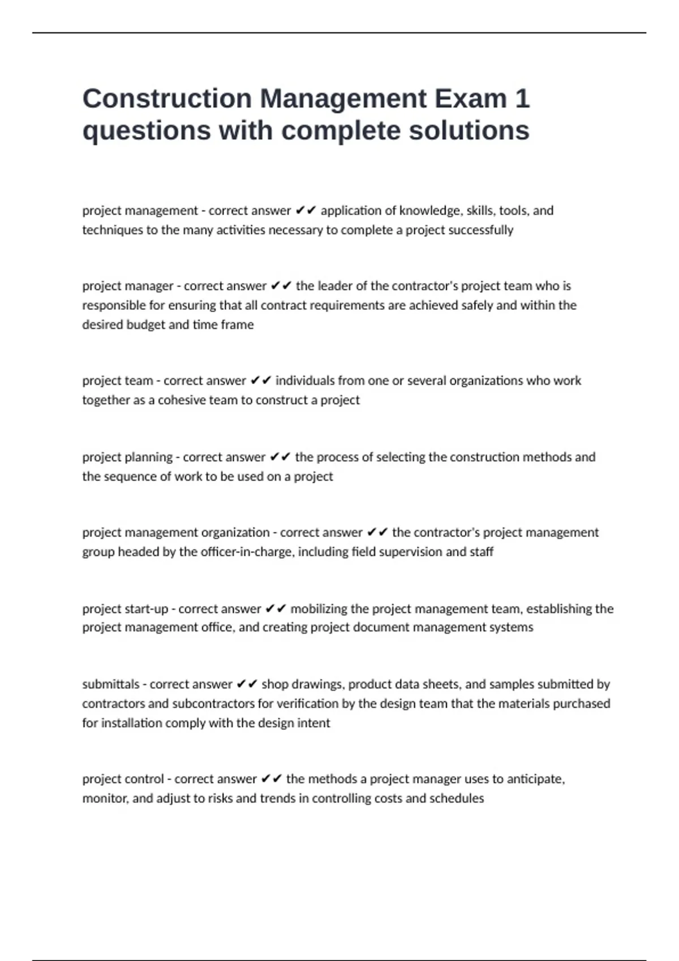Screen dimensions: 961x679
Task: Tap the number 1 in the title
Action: coord(522,99)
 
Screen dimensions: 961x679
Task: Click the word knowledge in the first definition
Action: coord(431,211)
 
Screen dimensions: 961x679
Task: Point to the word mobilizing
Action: coord(319,609)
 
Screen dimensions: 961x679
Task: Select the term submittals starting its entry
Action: coord(110,685)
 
